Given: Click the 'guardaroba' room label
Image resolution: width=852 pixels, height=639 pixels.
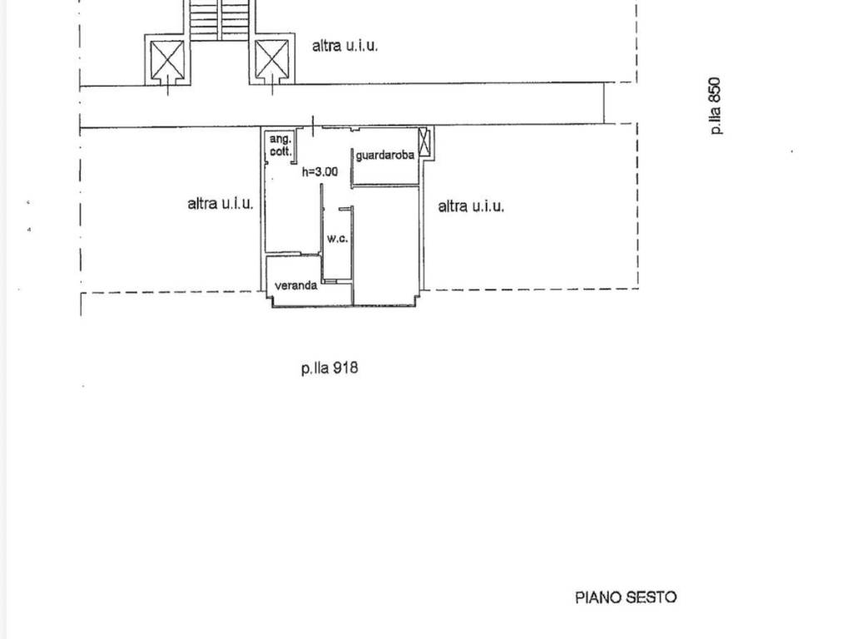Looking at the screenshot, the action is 385,156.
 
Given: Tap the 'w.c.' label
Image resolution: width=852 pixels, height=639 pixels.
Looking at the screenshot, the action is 338,238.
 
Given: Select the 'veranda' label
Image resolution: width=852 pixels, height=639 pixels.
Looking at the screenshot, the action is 296,285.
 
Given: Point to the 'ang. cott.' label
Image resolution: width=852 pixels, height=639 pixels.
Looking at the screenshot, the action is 280,146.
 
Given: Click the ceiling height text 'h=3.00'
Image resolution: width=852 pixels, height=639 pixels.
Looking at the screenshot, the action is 320,171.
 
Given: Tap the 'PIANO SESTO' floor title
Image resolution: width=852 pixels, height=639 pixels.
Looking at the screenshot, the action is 626,597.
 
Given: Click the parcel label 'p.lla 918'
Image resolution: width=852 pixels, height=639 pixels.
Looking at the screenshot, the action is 329,369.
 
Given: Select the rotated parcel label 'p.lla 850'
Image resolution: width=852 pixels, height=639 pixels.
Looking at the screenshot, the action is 716,106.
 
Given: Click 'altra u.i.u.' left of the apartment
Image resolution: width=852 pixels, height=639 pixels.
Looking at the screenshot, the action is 220,204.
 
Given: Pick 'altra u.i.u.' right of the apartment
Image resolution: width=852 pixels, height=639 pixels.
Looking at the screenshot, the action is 471,206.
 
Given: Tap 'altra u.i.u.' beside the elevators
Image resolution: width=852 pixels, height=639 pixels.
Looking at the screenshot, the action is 344,46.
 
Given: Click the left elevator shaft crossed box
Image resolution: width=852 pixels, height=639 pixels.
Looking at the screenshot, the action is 167,59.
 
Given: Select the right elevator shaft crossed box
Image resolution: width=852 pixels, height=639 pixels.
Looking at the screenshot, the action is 272,59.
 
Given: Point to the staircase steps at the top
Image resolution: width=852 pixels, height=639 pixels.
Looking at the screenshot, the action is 220,20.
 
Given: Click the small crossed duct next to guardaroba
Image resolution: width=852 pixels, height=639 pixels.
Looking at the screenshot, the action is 424,142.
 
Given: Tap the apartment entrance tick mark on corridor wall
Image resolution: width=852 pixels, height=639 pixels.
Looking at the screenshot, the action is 313,126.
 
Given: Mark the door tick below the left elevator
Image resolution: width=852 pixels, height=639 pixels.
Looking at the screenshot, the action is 168,86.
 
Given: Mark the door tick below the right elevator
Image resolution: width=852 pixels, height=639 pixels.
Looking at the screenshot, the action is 272,86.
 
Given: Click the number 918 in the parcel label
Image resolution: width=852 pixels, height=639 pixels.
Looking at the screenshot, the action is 345,368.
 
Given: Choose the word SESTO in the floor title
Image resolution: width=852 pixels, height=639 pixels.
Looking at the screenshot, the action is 651,597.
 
